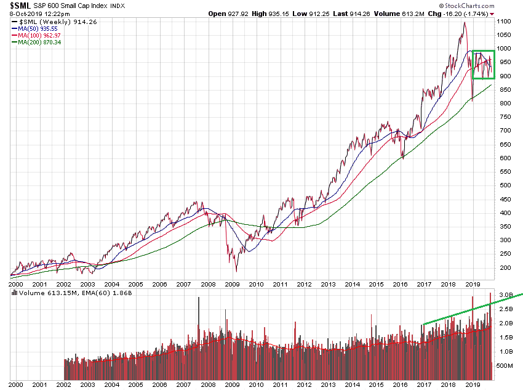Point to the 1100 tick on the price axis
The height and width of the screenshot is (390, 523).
[506, 21]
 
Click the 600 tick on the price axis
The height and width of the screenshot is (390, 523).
[505, 158]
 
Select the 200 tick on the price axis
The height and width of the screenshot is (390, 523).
[505, 267]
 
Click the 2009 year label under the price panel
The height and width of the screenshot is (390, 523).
[233, 285]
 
